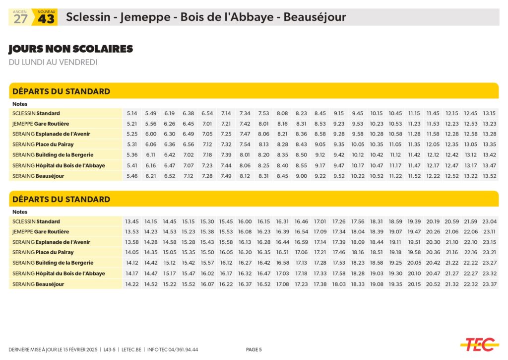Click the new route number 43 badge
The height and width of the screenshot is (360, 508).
46,18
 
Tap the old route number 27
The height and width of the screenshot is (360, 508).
20,19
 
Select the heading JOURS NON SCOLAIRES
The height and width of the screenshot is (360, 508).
70,49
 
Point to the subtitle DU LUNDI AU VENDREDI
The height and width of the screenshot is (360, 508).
53,62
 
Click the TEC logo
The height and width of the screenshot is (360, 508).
479,344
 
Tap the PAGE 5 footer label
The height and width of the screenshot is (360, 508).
254,350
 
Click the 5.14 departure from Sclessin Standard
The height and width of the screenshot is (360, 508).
132,113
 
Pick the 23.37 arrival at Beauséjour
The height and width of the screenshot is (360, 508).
489,284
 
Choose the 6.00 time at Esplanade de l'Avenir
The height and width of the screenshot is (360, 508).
151,134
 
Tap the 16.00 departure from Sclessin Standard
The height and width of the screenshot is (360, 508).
245,221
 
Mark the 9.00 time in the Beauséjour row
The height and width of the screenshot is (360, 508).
301,176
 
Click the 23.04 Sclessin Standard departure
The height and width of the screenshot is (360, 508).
489,221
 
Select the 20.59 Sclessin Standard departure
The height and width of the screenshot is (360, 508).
451,221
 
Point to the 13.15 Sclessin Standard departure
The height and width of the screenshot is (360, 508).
489,113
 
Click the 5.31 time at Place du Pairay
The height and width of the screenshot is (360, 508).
132,144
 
